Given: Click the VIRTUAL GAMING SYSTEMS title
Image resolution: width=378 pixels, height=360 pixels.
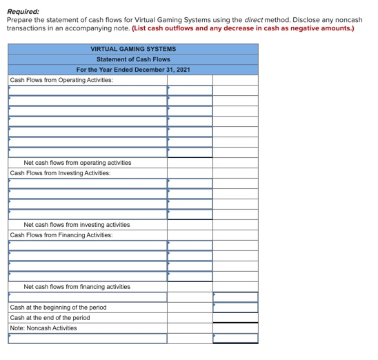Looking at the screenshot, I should (133, 49).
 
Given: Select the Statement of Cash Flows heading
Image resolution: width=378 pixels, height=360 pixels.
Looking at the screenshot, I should (133, 59).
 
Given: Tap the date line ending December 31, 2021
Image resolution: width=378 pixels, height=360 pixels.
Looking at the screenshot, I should (133, 70).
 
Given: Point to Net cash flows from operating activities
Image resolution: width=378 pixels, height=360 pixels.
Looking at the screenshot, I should (77, 163).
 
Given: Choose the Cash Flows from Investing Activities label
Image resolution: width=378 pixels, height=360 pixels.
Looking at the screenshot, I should (60, 173).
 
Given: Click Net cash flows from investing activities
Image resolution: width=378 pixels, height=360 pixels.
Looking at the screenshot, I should (77, 225).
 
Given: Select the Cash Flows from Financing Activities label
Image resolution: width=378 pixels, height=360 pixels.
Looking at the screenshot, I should (61, 235).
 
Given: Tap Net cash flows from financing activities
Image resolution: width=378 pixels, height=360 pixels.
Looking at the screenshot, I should (77, 287).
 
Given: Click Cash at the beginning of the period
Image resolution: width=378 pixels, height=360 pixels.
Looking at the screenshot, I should (58, 308).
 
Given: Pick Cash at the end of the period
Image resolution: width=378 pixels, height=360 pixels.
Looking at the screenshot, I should (50, 318).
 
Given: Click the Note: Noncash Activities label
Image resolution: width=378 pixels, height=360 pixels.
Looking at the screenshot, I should (43, 328).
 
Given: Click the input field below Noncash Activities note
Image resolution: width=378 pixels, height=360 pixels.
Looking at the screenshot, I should (88, 339).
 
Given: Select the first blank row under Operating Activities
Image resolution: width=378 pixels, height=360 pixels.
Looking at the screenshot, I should (88, 90).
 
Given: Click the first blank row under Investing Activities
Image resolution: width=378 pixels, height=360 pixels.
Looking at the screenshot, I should (88, 183).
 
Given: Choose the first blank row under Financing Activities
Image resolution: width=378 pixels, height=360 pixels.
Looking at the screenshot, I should (88, 246).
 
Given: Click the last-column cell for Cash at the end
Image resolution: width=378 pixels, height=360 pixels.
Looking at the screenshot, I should (235, 318).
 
